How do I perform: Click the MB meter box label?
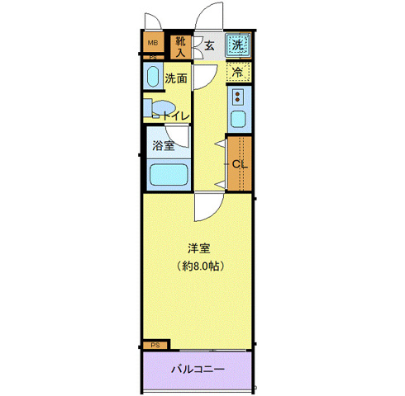152,43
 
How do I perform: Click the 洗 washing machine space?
238,45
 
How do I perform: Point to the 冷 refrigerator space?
238,73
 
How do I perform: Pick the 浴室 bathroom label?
163,146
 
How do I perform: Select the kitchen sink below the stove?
239,120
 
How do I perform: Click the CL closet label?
239,163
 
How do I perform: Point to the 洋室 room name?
198,247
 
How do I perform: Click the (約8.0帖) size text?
198,266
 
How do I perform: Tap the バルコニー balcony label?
198,368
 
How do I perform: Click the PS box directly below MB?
152,57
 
